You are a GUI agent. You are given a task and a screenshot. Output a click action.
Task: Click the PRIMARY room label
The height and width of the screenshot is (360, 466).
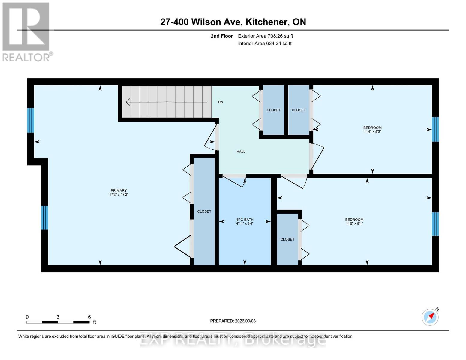point(119,190)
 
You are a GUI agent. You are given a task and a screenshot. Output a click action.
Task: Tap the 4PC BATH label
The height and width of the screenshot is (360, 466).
point(245,220)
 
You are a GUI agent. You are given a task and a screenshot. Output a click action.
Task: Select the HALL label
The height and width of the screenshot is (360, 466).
point(241,151)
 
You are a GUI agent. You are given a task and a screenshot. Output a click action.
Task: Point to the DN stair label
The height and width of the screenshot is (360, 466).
point(221,102)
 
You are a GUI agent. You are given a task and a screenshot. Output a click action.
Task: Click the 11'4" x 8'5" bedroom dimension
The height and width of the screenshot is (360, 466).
point(372,132)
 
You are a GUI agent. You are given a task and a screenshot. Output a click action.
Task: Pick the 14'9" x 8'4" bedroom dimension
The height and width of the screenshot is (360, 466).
point(354,224)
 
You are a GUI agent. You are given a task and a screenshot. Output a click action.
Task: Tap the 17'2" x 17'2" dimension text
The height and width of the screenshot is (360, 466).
point(119,195)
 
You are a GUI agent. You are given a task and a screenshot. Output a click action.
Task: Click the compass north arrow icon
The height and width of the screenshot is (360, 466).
point(430,317)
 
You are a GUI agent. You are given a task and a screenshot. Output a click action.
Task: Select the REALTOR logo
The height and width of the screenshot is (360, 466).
point(26,32)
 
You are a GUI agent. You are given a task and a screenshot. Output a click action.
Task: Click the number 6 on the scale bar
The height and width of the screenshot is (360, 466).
point(89,317)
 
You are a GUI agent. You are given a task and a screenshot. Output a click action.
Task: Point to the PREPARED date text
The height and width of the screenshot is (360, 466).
point(233,321)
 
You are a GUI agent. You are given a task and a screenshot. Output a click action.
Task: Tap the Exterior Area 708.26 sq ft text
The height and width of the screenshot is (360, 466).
point(265,36)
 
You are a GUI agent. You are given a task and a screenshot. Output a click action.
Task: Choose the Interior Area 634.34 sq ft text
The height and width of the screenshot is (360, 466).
point(265,43)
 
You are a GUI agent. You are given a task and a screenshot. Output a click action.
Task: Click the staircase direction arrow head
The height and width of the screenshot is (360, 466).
point(128,102)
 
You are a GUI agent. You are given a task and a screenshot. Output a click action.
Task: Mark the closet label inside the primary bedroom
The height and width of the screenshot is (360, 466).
point(204,211)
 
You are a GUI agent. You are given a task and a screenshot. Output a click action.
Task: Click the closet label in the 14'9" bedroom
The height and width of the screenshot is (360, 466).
point(287,239)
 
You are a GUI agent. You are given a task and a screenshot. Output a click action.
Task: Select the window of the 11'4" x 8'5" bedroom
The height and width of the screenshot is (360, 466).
point(435,129)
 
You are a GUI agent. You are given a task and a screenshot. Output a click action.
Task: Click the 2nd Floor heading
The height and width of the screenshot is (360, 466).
point(222,36)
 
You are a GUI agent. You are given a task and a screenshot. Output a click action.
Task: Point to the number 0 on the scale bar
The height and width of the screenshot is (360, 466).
point(27,317)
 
